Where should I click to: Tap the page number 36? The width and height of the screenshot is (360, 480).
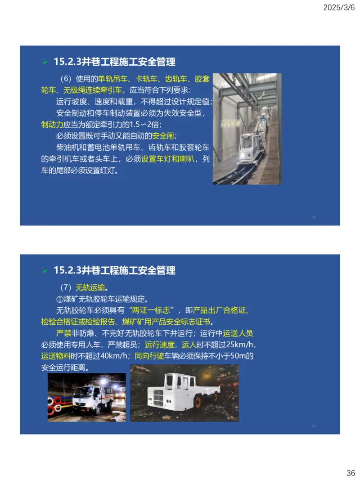coord(351,473)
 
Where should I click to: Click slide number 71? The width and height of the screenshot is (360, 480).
coord(313,217)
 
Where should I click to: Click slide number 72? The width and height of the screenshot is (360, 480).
coord(313,426)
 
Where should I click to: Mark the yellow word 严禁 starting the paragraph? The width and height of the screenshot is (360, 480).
coord(64,333)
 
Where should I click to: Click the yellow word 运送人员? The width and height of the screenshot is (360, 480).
coord(238,333)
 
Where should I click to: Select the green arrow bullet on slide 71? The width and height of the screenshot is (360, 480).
coord(45,62)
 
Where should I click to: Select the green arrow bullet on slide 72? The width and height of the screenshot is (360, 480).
coord(45,271)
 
